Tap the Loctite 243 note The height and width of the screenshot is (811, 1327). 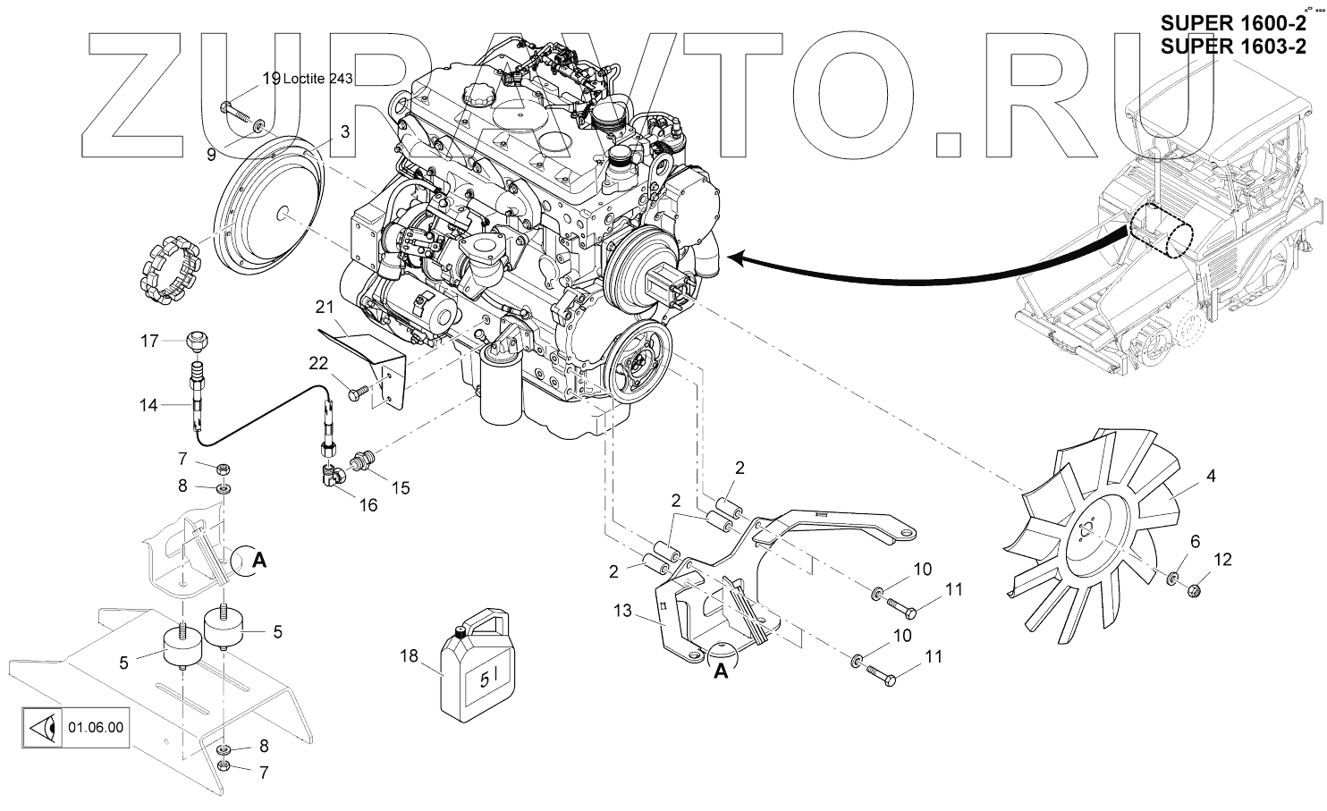317,79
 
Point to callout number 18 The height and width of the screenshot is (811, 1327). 409,656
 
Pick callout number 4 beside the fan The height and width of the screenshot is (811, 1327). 1211,477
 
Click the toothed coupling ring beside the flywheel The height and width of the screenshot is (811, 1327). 170,267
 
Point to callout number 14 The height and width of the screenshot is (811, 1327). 148,405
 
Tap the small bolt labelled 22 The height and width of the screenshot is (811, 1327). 358,393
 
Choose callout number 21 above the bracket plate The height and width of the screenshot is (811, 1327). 324,307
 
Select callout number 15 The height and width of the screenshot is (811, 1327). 401,487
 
